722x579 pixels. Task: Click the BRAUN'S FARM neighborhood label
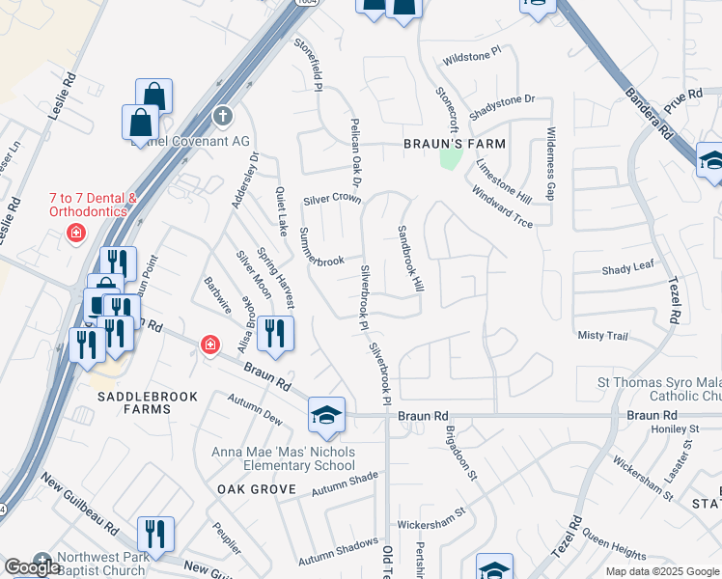[x=454, y=144]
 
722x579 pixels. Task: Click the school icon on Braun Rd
[x=326, y=415]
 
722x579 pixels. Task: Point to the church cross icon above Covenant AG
[x=223, y=117]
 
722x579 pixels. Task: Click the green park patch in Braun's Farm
[x=448, y=157]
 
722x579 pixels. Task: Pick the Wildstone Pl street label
[x=472, y=59]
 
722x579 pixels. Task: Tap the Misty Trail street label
[x=602, y=335]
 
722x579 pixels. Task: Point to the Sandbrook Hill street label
[x=410, y=260]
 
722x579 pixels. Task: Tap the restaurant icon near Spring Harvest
[x=275, y=334]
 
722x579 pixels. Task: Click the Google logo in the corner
[x=33, y=567]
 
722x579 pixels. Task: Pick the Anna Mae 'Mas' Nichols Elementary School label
[x=284, y=459]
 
